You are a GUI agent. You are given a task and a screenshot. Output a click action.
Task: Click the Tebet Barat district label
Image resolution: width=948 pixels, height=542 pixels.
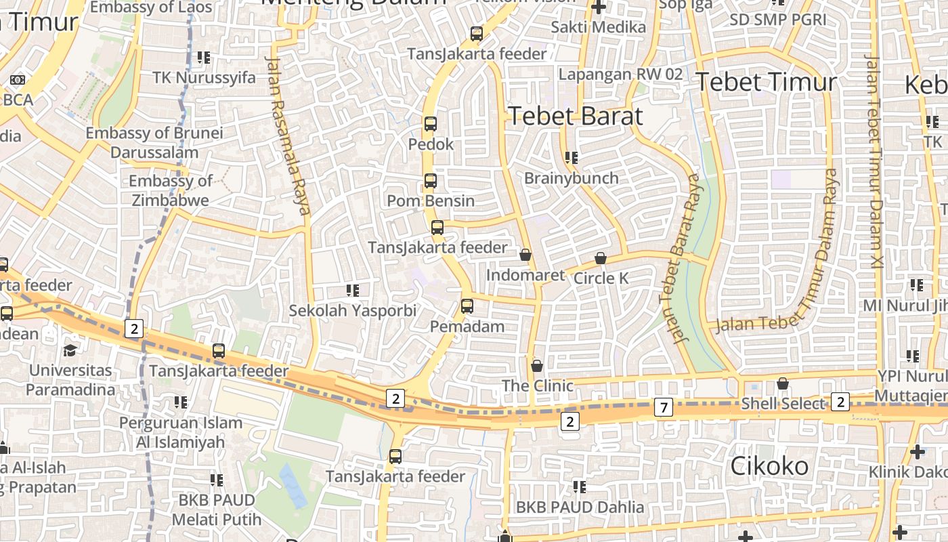pos(575,116)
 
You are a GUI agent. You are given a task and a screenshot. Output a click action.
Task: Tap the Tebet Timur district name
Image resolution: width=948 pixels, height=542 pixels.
pos(767,82)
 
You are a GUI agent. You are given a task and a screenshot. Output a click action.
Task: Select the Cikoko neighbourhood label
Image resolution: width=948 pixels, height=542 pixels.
pos(769,466)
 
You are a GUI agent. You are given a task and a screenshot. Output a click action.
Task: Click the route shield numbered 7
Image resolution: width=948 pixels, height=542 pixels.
pos(664,408)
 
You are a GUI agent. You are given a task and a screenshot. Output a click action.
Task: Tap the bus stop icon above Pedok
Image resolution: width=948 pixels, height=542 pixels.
pos(431,124)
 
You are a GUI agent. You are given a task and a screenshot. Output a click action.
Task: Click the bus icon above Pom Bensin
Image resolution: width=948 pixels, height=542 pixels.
pos(431,181)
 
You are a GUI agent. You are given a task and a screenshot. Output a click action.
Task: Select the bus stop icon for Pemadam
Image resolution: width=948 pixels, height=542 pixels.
pos(467,306)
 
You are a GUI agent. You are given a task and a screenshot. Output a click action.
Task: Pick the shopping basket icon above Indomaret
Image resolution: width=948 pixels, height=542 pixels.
pos(525,255)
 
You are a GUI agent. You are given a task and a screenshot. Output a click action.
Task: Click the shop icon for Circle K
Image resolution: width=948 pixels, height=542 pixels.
pos(600,258)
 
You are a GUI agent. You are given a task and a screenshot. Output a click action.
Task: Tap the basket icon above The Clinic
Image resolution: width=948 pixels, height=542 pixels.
pos(537,366)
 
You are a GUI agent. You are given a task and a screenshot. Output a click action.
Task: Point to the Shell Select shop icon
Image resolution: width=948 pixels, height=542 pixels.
pos(783,383)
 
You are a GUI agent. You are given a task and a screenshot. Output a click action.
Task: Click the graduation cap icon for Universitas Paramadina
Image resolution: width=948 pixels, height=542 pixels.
pos(70,350)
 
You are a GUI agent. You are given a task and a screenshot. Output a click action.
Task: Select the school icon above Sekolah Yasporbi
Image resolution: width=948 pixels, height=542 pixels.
pos(352,291)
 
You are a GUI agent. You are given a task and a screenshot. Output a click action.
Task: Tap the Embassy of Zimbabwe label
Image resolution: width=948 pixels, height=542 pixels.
pos(171,190)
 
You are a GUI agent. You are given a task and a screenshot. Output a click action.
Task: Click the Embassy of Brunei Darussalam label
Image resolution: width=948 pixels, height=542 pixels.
pos(154,142)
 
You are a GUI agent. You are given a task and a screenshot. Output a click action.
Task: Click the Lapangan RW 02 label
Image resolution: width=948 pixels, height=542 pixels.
pos(620,75)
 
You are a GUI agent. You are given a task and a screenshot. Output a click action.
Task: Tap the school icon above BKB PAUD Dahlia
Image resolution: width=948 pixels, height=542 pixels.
pos(579,486)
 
